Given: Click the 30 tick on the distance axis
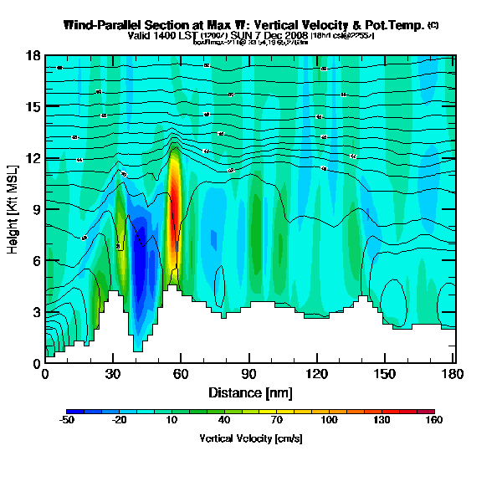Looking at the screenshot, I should tap(113, 373).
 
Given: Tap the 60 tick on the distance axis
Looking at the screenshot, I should tap(181, 373).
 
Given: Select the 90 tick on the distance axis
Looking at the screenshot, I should tap(248, 373).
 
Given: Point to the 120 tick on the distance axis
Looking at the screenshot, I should tap(316, 373).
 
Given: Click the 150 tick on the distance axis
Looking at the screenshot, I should tap(384, 373).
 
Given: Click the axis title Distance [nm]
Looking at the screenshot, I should tap(249, 392).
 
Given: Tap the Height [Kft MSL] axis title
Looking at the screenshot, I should tap(14, 209).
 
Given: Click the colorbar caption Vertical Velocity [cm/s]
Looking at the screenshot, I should tap(251, 438).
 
